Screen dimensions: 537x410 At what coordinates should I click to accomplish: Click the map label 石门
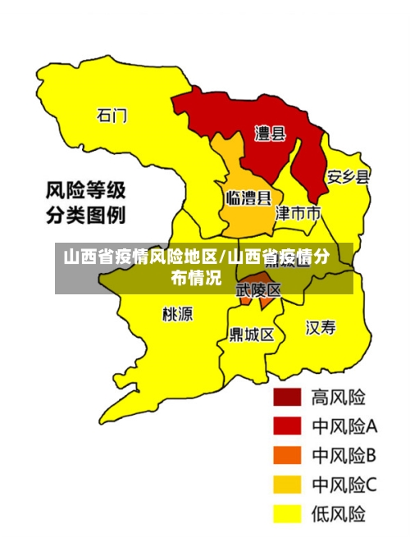pyautogui.click(x=112, y=116)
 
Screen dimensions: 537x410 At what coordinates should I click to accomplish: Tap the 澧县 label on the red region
pyautogui.click(x=269, y=133)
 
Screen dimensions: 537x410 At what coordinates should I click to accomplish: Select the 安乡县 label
pyautogui.click(x=348, y=176)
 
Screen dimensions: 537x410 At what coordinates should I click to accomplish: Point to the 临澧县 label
pyautogui.click(x=248, y=198)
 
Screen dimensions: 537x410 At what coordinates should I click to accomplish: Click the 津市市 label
pyautogui.click(x=297, y=213)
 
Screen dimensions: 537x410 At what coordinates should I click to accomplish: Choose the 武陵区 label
pyautogui.click(x=258, y=289)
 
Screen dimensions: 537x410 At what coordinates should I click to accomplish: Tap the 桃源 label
pyautogui.click(x=177, y=312)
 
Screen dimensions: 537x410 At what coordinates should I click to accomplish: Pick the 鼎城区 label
pyautogui.click(x=251, y=334)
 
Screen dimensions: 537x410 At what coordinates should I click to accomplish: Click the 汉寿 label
pyautogui.click(x=321, y=328)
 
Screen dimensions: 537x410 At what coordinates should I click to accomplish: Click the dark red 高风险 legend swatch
pyautogui.click(x=287, y=397)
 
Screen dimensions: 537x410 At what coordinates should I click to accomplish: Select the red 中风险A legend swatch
pyautogui.click(x=287, y=426)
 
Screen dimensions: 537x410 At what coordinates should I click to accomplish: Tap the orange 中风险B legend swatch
pyautogui.click(x=287, y=455)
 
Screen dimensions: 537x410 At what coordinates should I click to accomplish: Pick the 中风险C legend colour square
pyautogui.click(x=287, y=485)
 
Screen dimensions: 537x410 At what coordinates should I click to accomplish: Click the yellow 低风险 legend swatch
pyautogui.click(x=287, y=513)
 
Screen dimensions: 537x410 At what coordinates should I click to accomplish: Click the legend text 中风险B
pyautogui.click(x=344, y=455)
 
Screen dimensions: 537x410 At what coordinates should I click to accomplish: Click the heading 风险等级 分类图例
pyautogui.click(x=85, y=204)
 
